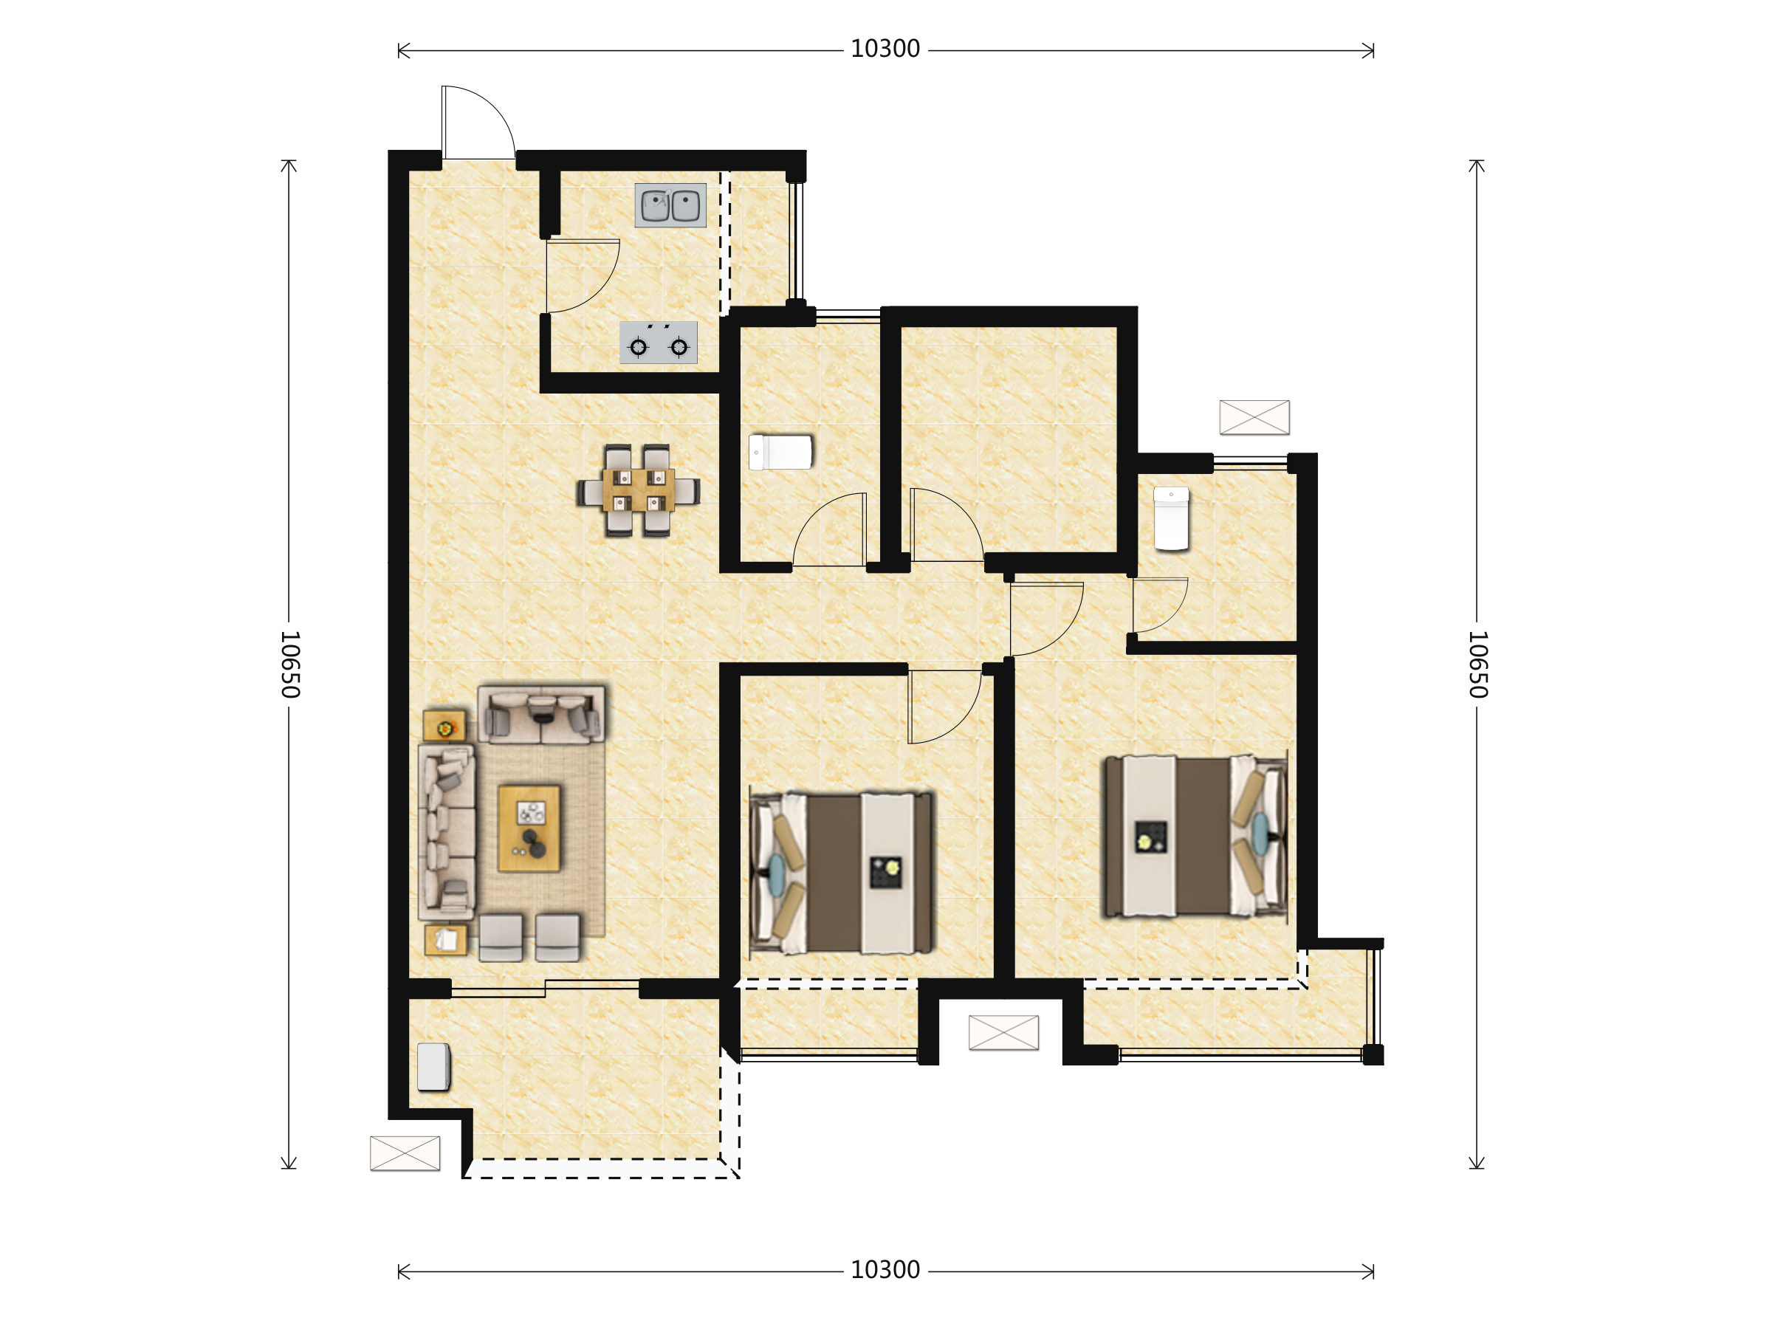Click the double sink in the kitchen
[670, 205]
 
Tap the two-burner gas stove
[659, 343]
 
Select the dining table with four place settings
[639, 490]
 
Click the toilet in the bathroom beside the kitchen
[780, 453]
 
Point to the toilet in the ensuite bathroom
[1171, 519]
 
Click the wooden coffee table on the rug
[529, 828]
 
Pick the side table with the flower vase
[444, 726]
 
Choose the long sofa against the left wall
[447, 832]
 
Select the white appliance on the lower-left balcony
[433, 1067]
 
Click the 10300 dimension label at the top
[885, 49]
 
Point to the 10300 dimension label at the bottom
[885, 1271]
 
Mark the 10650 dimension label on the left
[290, 664]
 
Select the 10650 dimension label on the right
[1478, 664]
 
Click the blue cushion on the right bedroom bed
[1261, 834]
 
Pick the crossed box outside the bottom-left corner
[405, 1153]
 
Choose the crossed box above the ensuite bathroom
[1254, 417]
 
